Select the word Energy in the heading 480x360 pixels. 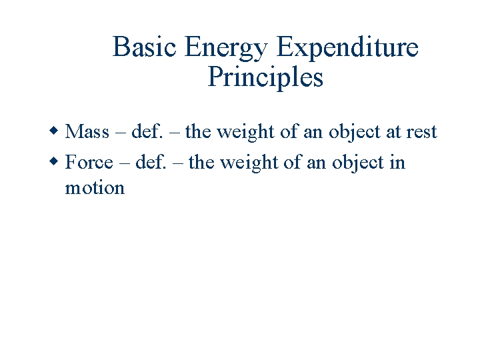click(227, 48)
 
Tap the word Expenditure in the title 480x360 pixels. click(347, 48)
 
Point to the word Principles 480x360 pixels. click(265, 78)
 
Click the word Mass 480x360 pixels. click(87, 132)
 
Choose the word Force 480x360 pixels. click(89, 163)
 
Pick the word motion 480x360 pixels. click(95, 188)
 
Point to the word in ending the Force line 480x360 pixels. click(397, 163)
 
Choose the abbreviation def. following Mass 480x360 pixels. click(145, 132)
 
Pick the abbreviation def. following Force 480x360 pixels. click(149, 163)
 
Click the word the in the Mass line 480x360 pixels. click(198, 132)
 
